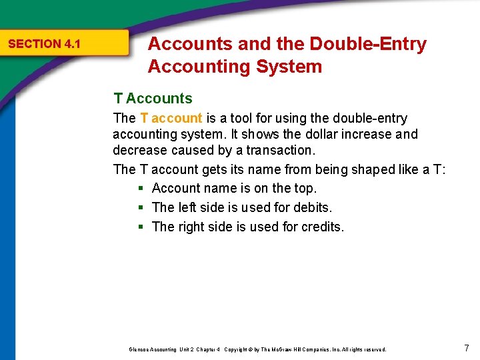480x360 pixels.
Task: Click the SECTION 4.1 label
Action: (x=44, y=44)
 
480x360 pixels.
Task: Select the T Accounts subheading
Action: (x=153, y=99)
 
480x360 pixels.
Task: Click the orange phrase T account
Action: (x=171, y=118)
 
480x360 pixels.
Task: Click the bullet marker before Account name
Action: (x=141, y=189)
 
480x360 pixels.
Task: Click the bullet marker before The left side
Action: (x=141, y=208)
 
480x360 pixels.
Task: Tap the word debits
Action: (x=310, y=208)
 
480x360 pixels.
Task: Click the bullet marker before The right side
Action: (x=141, y=227)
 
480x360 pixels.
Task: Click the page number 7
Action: (x=466, y=347)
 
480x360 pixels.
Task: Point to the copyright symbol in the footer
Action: (x=253, y=349)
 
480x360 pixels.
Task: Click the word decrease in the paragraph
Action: (x=139, y=150)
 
